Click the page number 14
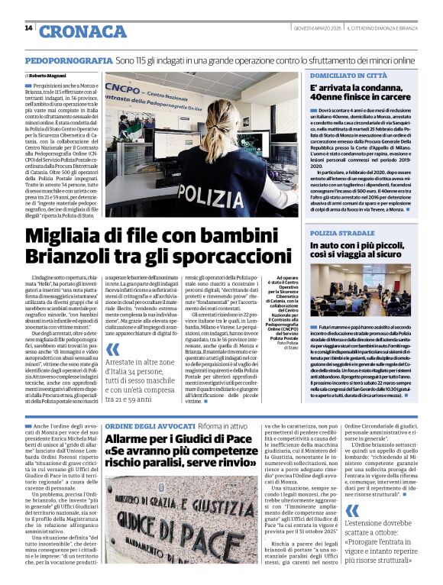point(29,28)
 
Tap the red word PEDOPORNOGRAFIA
point(69,60)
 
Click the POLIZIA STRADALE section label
point(341,232)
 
